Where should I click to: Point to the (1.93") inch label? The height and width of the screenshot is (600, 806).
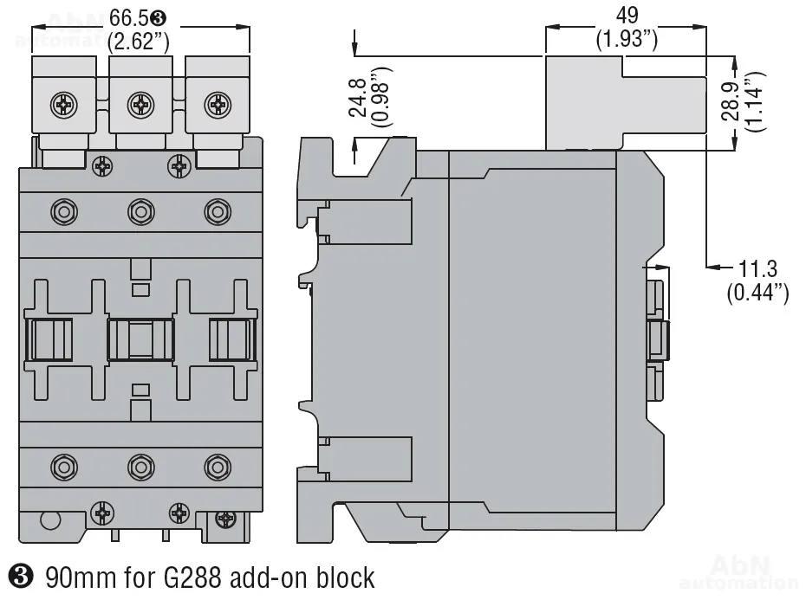click(626, 40)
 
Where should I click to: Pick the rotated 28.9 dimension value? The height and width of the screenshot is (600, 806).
click(732, 102)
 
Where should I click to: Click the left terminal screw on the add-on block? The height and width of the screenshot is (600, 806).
click(65, 104)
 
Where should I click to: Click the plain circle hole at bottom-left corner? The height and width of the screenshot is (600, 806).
click(49, 519)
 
